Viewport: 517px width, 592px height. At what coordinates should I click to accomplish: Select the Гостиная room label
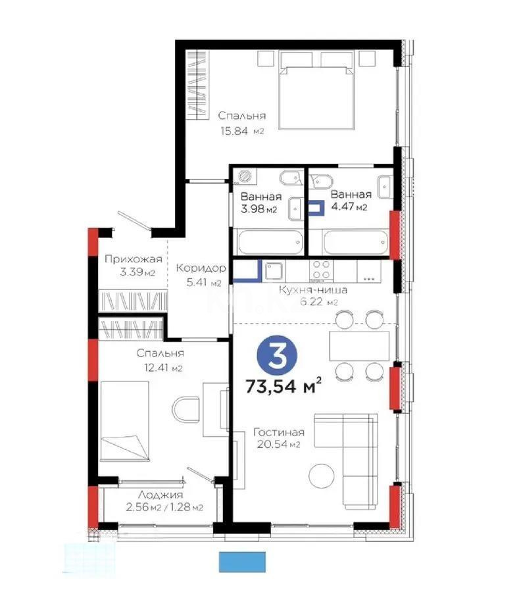point(278,432)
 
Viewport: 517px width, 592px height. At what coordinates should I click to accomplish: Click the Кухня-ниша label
point(313,290)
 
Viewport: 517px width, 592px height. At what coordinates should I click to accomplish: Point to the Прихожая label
point(133,259)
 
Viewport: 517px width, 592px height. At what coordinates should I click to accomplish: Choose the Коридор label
point(201,268)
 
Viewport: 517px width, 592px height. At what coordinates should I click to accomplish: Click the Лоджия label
point(160,495)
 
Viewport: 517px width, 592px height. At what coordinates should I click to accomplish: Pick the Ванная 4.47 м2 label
point(350,195)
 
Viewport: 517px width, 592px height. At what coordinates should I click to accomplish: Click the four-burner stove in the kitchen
point(322,270)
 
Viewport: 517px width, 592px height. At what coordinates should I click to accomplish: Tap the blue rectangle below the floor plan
point(243,561)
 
